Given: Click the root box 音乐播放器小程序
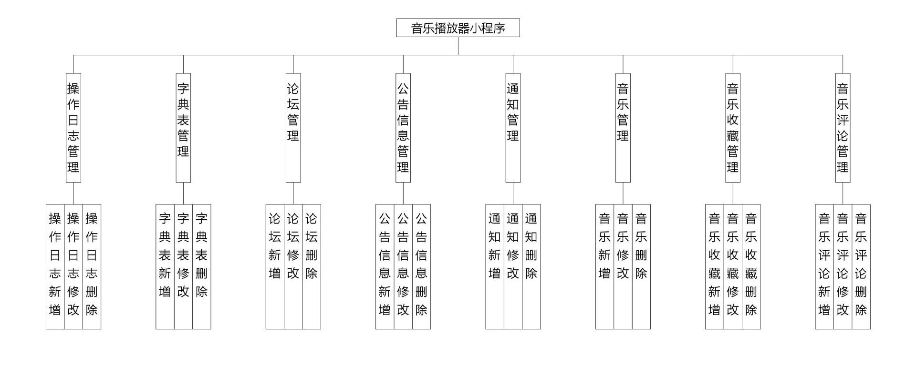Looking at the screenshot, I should point(458,28).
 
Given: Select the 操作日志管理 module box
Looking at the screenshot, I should point(73,128).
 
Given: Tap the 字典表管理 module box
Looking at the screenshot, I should point(183,128).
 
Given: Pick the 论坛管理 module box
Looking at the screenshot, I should point(293,128).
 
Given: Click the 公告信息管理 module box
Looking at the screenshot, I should point(403,128).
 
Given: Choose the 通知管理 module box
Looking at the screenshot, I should point(513,128).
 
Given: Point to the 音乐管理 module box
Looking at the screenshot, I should point(623,128).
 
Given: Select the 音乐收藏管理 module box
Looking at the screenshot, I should point(733,128).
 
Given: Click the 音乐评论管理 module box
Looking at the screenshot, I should point(843,128).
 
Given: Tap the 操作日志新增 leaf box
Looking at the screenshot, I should point(55,266).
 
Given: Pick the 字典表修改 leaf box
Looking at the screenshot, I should point(183,266).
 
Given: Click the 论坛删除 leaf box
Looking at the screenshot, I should point(312,266).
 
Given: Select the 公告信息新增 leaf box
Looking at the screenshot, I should point(385,266).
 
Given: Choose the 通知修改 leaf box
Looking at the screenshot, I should point(513,266).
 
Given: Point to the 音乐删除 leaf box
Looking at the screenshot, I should point(641,266).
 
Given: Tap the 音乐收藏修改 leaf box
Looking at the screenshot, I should point(733,266).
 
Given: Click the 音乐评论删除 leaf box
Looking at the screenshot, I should point(861,266).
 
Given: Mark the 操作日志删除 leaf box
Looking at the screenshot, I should point(92,266).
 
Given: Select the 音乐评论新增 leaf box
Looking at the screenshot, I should point(824,266).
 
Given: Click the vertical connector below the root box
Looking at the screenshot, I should point(458,46).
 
